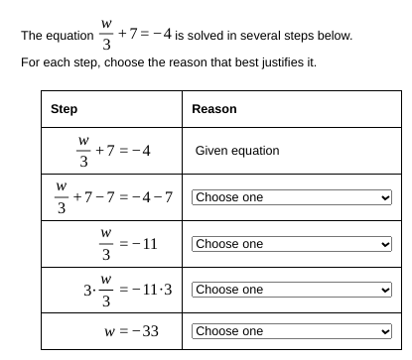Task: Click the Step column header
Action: [65, 108]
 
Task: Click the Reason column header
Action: [213, 108]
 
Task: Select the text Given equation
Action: [237, 152]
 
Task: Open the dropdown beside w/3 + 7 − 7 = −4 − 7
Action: [292, 197]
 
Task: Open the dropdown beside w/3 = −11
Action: [292, 243]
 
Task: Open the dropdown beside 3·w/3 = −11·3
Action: [292, 290]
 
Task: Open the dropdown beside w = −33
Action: [292, 331]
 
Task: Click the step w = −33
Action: [131, 331]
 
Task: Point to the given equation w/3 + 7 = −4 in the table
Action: [114, 152]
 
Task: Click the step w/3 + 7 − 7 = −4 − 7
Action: [114, 197]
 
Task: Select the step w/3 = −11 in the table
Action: [128, 243]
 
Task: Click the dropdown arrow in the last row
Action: [385, 331]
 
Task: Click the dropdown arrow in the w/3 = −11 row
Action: [385, 243]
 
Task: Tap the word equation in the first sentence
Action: [71, 37]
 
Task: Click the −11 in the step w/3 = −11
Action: [143, 244]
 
